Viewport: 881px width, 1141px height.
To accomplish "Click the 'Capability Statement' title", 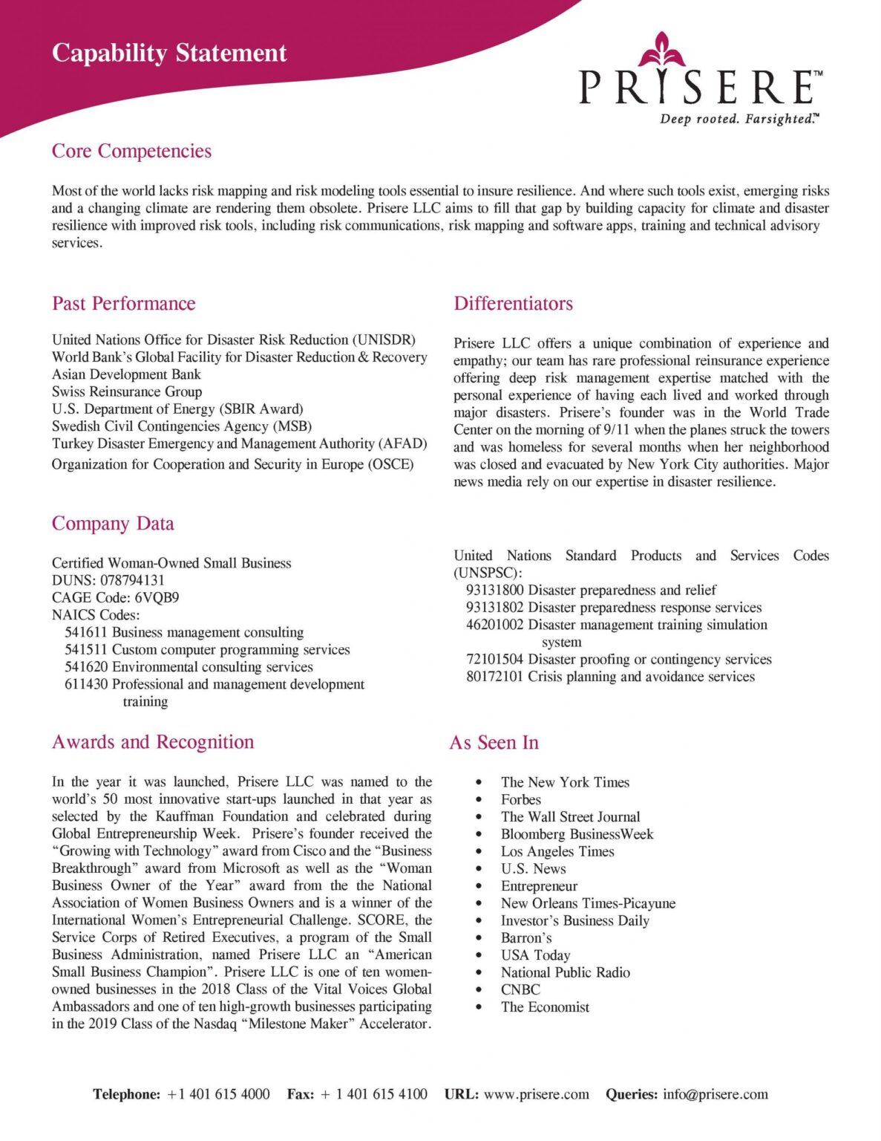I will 169,53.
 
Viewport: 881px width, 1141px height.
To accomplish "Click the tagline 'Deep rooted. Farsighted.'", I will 739,119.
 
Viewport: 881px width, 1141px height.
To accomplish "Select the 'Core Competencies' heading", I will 131,151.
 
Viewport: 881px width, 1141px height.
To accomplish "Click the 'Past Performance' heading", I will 123,303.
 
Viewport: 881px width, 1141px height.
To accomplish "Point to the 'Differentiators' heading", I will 513,303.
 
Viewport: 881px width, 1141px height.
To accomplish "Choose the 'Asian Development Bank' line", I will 126,374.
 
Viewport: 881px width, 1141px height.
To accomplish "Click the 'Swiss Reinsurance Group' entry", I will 127,391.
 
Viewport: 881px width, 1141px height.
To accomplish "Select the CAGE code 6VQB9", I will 157,597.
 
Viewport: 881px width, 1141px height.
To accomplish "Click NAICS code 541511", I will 86,649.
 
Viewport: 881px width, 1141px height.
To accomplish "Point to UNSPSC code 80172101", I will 494,677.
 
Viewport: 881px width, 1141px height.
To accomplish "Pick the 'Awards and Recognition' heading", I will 153,742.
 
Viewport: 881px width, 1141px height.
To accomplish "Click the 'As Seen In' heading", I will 494,743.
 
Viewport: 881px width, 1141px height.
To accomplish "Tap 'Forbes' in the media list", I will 521,799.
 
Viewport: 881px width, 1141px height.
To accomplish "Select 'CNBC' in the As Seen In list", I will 520,989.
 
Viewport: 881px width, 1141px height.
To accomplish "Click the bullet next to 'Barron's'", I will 479,938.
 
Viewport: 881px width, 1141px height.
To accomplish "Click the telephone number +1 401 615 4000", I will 218,1094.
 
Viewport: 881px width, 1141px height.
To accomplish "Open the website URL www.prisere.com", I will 537,1094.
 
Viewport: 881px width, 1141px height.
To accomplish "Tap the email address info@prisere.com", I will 715,1094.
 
